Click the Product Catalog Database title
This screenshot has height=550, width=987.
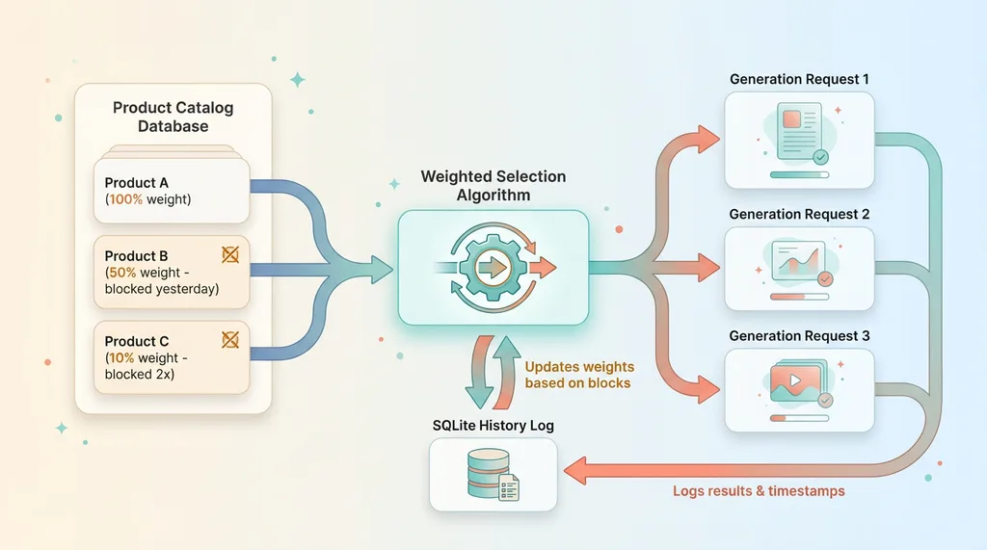173,117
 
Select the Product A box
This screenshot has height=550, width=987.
172,191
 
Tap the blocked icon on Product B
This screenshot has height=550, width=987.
230,254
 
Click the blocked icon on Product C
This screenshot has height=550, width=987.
230,339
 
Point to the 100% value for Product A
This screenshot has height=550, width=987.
125,199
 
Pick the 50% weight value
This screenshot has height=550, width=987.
124,274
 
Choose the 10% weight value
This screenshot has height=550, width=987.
123,357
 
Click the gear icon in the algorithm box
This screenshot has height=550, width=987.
493,266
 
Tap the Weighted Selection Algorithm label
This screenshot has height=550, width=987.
493,186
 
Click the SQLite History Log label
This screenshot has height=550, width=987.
493,426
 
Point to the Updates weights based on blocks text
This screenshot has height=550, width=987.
578,375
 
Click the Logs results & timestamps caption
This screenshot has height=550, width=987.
759,491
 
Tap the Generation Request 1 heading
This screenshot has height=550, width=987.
799,79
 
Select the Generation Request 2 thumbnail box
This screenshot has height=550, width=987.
799,268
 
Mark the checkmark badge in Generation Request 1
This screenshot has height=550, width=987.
820,156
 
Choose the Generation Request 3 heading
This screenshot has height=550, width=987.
799,336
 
